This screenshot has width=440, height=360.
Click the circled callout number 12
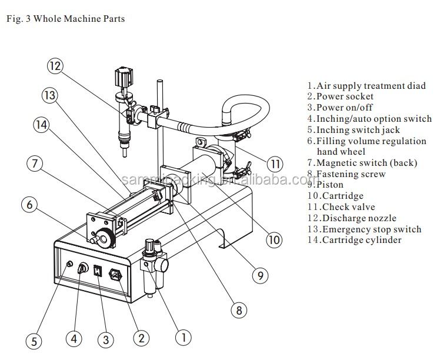tap(55, 66)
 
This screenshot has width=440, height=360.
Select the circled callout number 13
tap(50, 95)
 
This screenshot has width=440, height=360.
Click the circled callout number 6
tap(31, 205)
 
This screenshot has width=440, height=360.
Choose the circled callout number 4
tap(74, 338)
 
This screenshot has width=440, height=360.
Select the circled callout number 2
tap(141, 338)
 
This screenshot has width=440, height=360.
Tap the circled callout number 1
tap(183, 337)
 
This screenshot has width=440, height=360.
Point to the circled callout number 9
tap(259, 274)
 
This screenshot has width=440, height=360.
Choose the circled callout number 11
tap(275, 163)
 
